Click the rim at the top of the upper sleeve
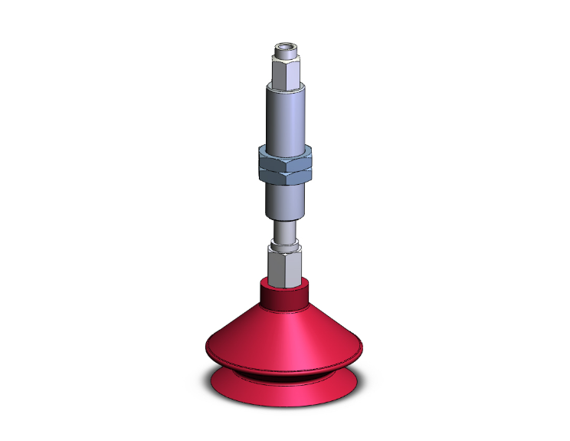click(x=285, y=87)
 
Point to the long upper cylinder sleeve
click(x=285, y=115)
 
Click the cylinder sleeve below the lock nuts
click(x=285, y=201)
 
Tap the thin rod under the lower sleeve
click(x=285, y=232)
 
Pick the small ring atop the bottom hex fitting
click(x=285, y=248)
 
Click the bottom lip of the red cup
click(x=285, y=393)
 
